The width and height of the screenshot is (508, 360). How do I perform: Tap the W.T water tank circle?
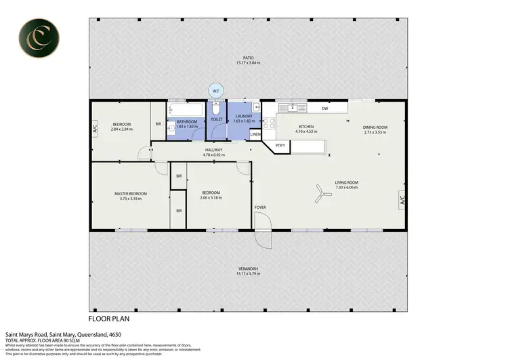coord(215,91)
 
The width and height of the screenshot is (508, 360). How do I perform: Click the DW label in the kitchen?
coord(325,108)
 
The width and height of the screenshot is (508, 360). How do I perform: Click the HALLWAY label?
coord(213,150)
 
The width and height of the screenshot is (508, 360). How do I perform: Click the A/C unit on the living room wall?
coord(402,199)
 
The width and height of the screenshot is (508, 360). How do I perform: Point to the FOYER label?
coord(260,206)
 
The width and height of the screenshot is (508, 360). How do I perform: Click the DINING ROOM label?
coord(375,127)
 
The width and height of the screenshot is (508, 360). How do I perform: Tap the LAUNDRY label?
coord(243,116)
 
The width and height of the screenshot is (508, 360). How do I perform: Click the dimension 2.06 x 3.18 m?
coord(211,199)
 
